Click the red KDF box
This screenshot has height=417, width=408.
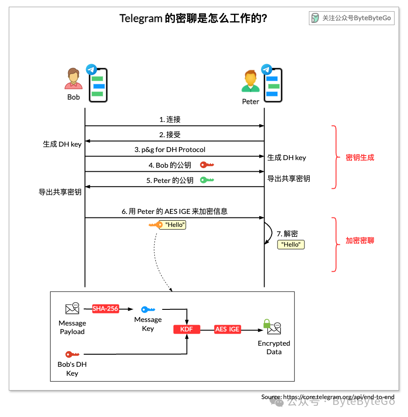pyautogui.click(x=187, y=329)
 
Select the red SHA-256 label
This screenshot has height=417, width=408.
pyautogui.click(x=105, y=308)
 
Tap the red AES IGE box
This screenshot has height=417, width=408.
pyautogui.click(x=227, y=329)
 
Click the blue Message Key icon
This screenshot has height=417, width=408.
pyautogui.click(x=148, y=309)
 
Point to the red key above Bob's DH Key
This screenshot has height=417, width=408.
pyautogui.click(x=72, y=354)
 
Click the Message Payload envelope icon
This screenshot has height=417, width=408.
pyautogui.click(x=72, y=308)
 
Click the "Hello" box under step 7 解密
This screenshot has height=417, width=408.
pyautogui.click(x=291, y=244)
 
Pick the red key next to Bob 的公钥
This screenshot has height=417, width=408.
pyautogui.click(x=207, y=165)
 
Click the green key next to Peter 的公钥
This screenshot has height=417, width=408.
pyautogui.click(x=207, y=180)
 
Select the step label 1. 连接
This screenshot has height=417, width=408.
pyautogui.click(x=170, y=119)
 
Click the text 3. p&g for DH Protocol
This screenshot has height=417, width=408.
pyautogui.click(x=170, y=150)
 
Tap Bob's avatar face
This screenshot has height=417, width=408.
pyautogui.click(x=73, y=78)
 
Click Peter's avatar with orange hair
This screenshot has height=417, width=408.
pyautogui.click(x=250, y=82)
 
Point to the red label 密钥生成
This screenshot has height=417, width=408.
pyautogui.click(x=360, y=157)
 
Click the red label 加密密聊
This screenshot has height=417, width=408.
pyautogui.click(x=360, y=240)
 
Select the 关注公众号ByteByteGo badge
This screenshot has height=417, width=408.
pyautogui.click(x=352, y=18)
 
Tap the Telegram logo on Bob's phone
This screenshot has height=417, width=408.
pyautogui.click(x=91, y=69)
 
